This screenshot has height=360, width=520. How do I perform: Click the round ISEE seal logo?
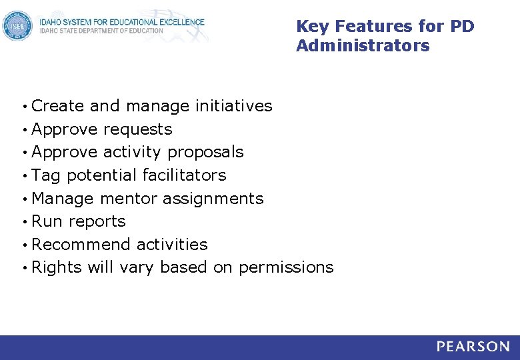click(17, 27)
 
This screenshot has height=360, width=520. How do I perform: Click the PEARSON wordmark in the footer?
click(473, 347)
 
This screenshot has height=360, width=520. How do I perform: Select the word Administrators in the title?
click(363, 46)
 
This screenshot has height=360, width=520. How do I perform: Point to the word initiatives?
click(233, 106)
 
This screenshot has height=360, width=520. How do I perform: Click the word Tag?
click(46, 175)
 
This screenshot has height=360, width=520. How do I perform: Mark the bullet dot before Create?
click(24, 107)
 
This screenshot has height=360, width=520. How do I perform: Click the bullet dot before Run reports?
click(24, 222)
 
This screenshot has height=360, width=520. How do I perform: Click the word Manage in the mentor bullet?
click(63, 199)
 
